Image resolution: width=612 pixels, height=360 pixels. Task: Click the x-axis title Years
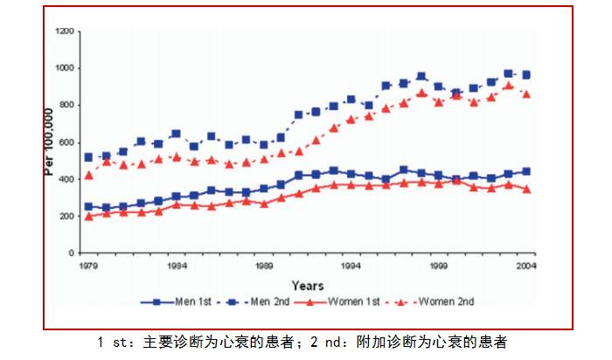click(307, 285)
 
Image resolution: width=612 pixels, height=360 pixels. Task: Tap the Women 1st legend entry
click(347, 301)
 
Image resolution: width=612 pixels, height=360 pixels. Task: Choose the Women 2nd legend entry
click(439, 301)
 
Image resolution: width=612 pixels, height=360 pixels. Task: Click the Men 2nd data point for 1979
click(88, 157)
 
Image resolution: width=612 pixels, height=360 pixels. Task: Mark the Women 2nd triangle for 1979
click(88, 176)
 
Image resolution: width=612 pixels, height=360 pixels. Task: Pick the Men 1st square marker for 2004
click(526, 171)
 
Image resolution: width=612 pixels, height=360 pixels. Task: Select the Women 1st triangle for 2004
click(526, 189)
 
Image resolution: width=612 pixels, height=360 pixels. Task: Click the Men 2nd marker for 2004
click(526, 75)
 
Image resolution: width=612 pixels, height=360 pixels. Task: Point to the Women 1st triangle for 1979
click(88, 216)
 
